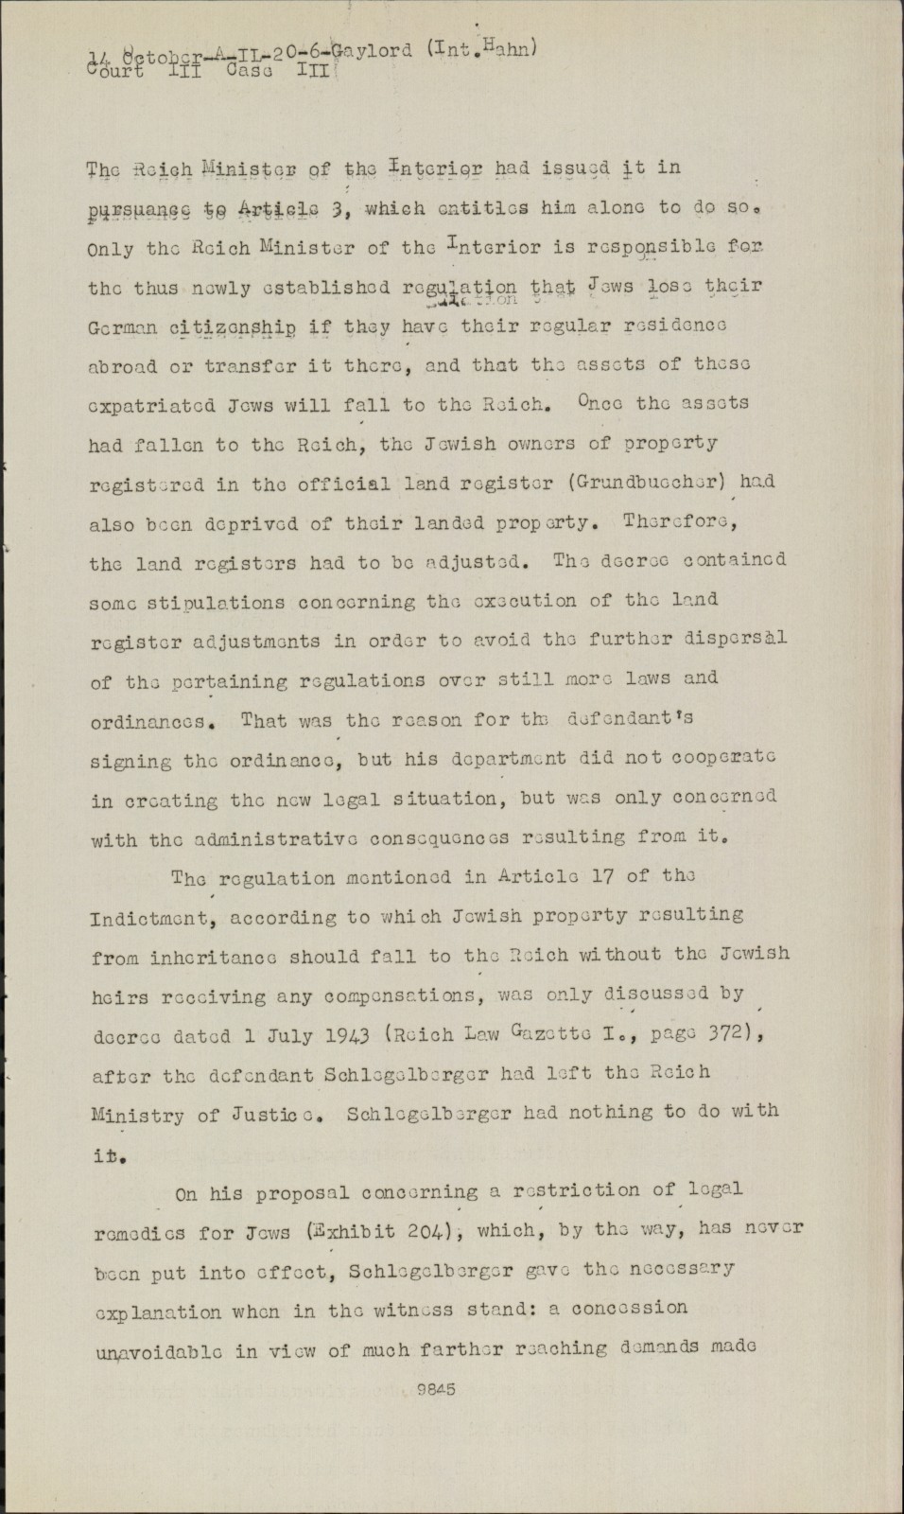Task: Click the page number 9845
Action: tap(437, 1390)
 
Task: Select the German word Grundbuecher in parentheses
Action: tap(663, 482)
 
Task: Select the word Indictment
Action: tap(153, 918)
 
